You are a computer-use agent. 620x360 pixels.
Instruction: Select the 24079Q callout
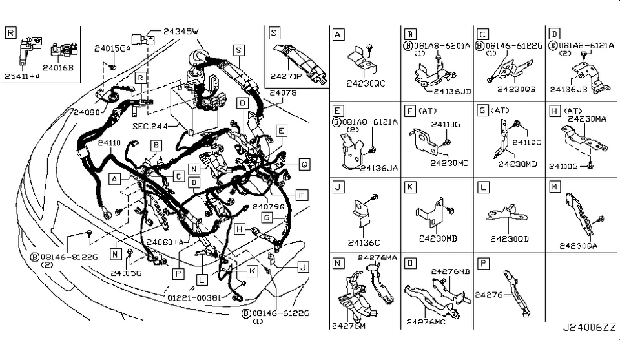click(268, 207)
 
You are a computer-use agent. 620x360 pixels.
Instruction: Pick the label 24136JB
click(568, 90)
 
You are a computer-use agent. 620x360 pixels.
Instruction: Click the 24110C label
click(527, 142)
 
